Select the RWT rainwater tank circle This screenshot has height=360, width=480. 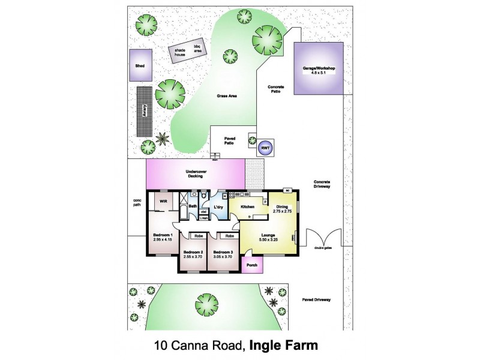[x=265, y=148]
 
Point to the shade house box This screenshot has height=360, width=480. [x=180, y=52]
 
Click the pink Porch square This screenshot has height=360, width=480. [x=251, y=265]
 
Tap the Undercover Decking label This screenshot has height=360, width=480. [x=196, y=174]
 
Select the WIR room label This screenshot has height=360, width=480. [x=163, y=201]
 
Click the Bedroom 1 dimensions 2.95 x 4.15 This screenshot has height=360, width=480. [x=163, y=240]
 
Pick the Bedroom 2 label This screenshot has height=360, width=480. [x=193, y=252]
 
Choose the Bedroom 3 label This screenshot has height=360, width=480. [x=223, y=252]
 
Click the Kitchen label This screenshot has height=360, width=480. [x=248, y=207]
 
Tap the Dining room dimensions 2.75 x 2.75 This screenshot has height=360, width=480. [x=282, y=211]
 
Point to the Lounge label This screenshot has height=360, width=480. [x=268, y=236]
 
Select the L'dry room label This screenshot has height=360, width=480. [x=219, y=207]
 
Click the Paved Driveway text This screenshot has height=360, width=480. [x=316, y=299]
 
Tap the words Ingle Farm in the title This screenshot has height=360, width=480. [x=283, y=345]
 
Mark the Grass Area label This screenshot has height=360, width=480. [x=226, y=95]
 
